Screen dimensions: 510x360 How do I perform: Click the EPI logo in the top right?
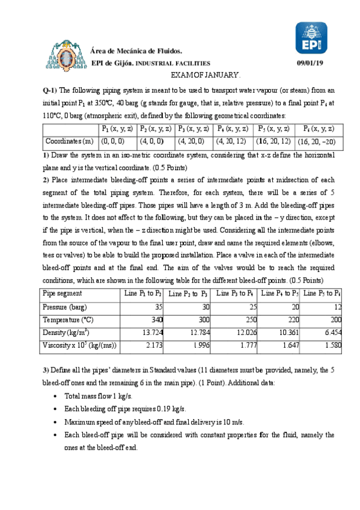[x=311, y=39]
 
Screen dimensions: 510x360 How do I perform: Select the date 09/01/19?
[x=311, y=63]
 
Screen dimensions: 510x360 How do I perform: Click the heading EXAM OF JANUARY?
[x=206, y=74]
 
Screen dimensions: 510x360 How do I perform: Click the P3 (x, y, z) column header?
[x=194, y=129]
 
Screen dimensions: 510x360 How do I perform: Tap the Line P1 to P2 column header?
[x=142, y=293]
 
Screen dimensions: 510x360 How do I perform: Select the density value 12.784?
[x=196, y=333]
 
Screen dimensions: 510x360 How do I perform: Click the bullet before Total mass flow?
[x=55, y=396]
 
